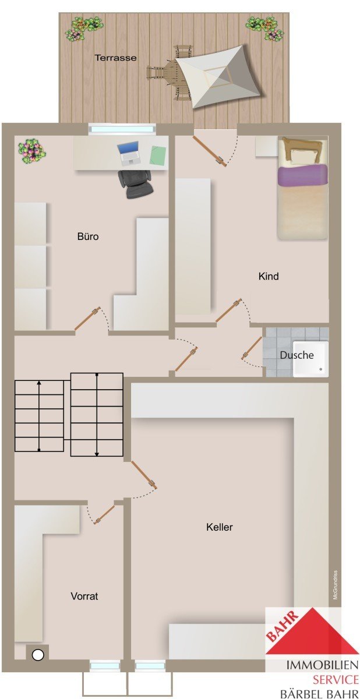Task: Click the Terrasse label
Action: (115, 58)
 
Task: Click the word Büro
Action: (88, 236)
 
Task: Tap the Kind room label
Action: (269, 276)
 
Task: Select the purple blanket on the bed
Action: (302, 175)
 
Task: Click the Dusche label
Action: (297, 355)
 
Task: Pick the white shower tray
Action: (310, 359)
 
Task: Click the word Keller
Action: (219, 527)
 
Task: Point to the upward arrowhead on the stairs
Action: (38, 382)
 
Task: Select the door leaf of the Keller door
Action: (144, 474)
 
